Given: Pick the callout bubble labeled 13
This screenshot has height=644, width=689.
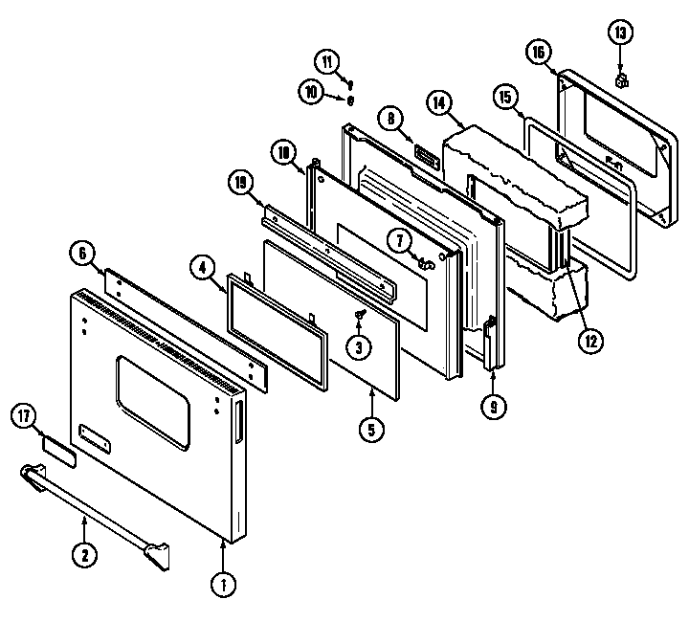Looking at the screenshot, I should point(621,34).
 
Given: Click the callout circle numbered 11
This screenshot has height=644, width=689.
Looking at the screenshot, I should point(329,63).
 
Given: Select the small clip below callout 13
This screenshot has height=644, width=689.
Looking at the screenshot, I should point(621,78).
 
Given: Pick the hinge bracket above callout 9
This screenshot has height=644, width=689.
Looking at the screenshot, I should point(490,343).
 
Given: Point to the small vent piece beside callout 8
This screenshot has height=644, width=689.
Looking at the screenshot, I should point(425,157).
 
